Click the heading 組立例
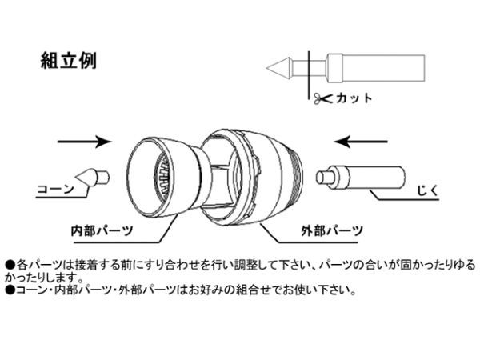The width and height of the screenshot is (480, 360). [69, 60]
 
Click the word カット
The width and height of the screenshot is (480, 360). [354, 98]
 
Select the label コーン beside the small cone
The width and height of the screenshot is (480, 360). [55, 189]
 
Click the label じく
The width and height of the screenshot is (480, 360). [428, 190]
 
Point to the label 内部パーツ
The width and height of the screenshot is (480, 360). [102, 230]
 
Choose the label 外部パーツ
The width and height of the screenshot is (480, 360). [332, 230]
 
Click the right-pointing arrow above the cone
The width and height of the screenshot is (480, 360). [85, 142]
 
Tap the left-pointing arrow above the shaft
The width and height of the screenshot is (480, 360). [361, 142]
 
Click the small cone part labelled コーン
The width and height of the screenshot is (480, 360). [92, 178]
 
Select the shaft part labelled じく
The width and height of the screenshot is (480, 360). [361, 178]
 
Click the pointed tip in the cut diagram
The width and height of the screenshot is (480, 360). [279, 68]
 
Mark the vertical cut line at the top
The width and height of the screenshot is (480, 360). [309, 74]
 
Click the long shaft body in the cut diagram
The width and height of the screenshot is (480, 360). [376, 68]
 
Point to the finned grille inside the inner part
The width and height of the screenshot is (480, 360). [162, 177]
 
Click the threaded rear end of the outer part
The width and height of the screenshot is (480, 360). [296, 177]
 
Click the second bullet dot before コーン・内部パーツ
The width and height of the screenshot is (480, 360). [10, 290]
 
